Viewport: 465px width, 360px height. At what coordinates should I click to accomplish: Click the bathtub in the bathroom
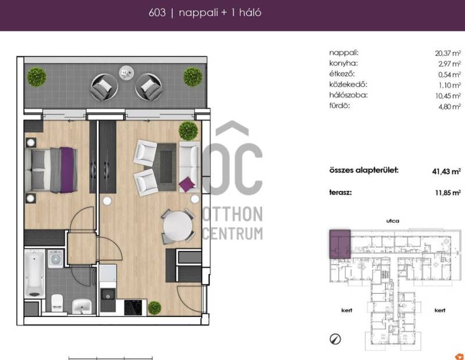point(35,273)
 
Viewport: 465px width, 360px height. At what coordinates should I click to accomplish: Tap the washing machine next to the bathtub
point(55,258)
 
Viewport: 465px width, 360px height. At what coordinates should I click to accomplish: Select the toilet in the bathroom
point(57,303)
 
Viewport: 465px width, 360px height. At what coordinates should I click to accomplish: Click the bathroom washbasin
point(82,306)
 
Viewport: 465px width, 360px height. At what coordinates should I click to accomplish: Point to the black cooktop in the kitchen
point(133,308)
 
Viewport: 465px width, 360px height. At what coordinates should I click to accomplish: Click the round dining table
point(178,226)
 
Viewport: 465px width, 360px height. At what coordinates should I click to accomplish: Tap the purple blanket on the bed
point(67,170)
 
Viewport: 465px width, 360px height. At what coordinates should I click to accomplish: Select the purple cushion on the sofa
point(187,184)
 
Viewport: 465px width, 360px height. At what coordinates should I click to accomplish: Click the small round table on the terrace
point(126,73)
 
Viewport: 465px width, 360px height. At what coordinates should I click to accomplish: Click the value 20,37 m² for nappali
point(448,53)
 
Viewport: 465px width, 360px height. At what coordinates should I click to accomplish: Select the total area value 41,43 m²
point(446,171)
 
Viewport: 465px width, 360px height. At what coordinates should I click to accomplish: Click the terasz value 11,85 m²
point(448,193)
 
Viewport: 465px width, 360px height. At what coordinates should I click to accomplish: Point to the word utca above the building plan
point(393,221)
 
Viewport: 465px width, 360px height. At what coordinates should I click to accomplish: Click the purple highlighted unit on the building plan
point(340,244)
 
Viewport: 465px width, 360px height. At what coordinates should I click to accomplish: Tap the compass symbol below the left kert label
point(335,339)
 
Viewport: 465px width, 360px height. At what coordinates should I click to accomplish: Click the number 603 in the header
point(157,12)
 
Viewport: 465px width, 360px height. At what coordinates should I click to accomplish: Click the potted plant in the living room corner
point(188,131)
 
